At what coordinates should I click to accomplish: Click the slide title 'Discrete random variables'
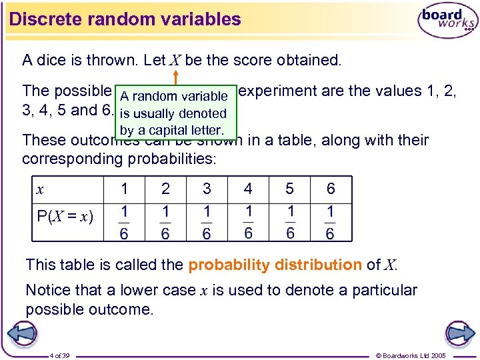pos(125,19)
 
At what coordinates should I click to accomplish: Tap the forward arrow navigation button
pos(459,333)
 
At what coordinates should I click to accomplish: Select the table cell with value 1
pos(124,189)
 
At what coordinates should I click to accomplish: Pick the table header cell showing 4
pos(248,189)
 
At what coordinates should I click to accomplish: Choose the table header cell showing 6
pos(331,189)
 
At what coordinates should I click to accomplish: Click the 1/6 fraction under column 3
pos(207,223)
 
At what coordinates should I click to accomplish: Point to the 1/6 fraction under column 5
pos(289,223)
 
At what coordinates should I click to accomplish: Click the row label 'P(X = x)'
pos(65,217)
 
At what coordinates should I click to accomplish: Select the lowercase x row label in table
pos(41,190)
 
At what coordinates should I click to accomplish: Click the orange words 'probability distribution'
pos(275,265)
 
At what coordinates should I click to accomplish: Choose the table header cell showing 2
pos(165,189)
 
